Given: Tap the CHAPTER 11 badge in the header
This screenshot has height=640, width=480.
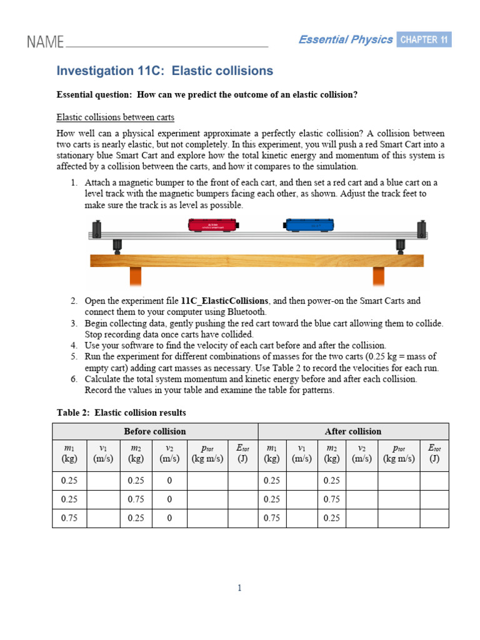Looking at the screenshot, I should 424,40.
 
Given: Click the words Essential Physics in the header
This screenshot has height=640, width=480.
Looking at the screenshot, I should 345,40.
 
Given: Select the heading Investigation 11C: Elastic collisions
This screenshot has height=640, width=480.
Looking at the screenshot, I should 165,71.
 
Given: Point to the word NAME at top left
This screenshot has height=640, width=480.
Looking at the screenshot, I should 45,42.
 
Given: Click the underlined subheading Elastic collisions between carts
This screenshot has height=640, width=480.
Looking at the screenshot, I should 116,117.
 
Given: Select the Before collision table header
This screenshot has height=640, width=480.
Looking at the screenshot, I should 155,431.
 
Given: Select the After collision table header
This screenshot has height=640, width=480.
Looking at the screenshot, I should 353,431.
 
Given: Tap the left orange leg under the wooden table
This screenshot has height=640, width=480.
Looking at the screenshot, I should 136,276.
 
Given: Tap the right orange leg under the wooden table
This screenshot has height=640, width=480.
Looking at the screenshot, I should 378,276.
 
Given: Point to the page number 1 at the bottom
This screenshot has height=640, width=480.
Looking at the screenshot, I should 239,587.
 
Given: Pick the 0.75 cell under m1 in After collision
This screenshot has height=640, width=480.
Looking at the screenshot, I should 272,518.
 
